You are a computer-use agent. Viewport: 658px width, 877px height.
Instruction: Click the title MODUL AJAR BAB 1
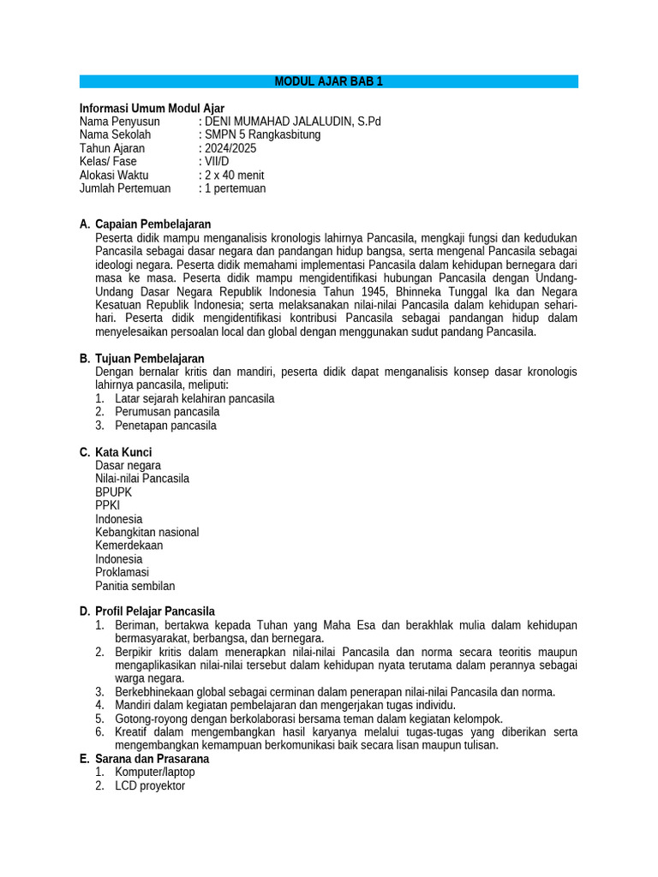[x=329, y=81]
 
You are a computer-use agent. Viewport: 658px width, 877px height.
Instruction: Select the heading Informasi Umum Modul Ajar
[x=152, y=108]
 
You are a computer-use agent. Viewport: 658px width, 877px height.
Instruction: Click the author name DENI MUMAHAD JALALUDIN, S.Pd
[x=292, y=122]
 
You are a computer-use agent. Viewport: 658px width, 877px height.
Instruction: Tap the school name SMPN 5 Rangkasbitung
[x=262, y=134]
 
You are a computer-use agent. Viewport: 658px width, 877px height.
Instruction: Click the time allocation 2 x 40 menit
[x=234, y=175]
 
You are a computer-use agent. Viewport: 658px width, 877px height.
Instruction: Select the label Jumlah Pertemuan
[x=125, y=188]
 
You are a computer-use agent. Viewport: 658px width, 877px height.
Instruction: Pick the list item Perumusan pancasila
[x=167, y=411]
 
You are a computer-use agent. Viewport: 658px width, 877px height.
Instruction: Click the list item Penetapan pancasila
[x=165, y=425]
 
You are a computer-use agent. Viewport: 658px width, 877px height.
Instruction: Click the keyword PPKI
[x=108, y=505]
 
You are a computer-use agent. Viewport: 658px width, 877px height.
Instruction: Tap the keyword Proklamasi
[x=122, y=572]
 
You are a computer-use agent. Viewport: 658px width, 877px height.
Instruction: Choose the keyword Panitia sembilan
[x=135, y=586]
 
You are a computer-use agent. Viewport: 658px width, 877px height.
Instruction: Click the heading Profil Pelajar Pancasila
[x=155, y=612]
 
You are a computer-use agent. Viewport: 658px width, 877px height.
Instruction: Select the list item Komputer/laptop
[x=154, y=772]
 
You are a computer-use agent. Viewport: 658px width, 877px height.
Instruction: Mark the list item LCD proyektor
[x=149, y=785]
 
